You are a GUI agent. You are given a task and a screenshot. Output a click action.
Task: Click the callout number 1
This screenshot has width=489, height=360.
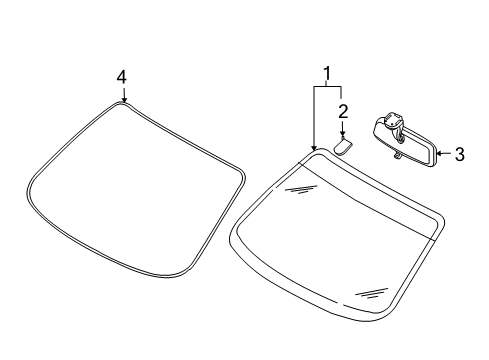click(326, 73)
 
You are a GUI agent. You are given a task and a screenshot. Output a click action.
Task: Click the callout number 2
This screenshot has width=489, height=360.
click(343, 110)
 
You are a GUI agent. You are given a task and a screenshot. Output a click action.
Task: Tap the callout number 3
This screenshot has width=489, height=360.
click(459, 154)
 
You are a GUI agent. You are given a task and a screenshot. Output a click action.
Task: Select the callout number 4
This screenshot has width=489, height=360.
click(122, 77)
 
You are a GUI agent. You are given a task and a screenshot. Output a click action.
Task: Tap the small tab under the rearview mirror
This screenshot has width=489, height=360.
click(398, 157)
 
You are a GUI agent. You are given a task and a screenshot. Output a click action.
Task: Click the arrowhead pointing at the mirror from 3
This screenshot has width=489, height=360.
click(441, 154)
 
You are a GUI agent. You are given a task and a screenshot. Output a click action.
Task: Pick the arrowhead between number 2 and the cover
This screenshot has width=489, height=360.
click(343, 135)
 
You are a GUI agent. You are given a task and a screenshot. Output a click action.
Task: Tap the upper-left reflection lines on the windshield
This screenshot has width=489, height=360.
click(299, 187)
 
